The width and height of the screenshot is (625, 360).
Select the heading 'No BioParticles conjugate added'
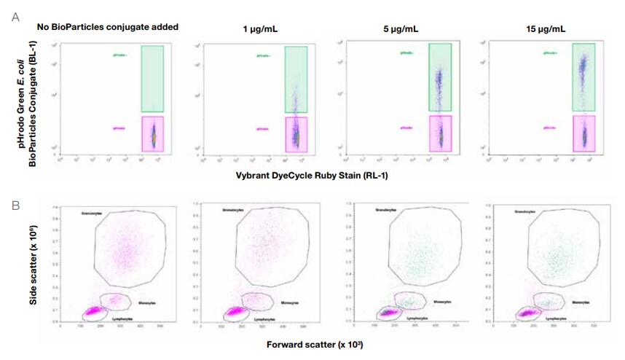pos(108,27)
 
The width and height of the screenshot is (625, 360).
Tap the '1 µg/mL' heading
pos(259,29)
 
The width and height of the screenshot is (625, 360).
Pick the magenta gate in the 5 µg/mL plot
pos(440,133)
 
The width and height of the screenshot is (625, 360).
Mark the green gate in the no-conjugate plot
pos(152,78)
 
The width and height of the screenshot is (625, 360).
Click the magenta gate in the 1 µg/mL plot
pos(296,134)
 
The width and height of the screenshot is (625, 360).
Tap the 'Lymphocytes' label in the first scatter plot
pos(122,319)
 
